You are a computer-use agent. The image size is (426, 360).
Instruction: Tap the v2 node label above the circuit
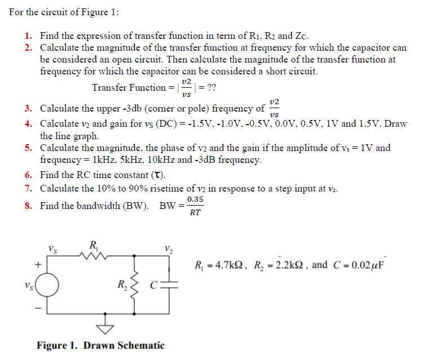point(168,248)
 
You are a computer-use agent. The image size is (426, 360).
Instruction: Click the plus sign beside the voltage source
point(38,263)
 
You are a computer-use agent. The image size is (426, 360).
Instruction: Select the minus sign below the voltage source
point(38,308)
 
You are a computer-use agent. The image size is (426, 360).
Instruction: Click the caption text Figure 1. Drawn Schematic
point(100,345)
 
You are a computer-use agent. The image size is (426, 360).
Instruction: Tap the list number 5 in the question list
point(28,148)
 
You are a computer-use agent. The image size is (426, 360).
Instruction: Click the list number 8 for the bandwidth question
point(28,206)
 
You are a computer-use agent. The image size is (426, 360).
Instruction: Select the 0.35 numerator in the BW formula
point(195,199)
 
